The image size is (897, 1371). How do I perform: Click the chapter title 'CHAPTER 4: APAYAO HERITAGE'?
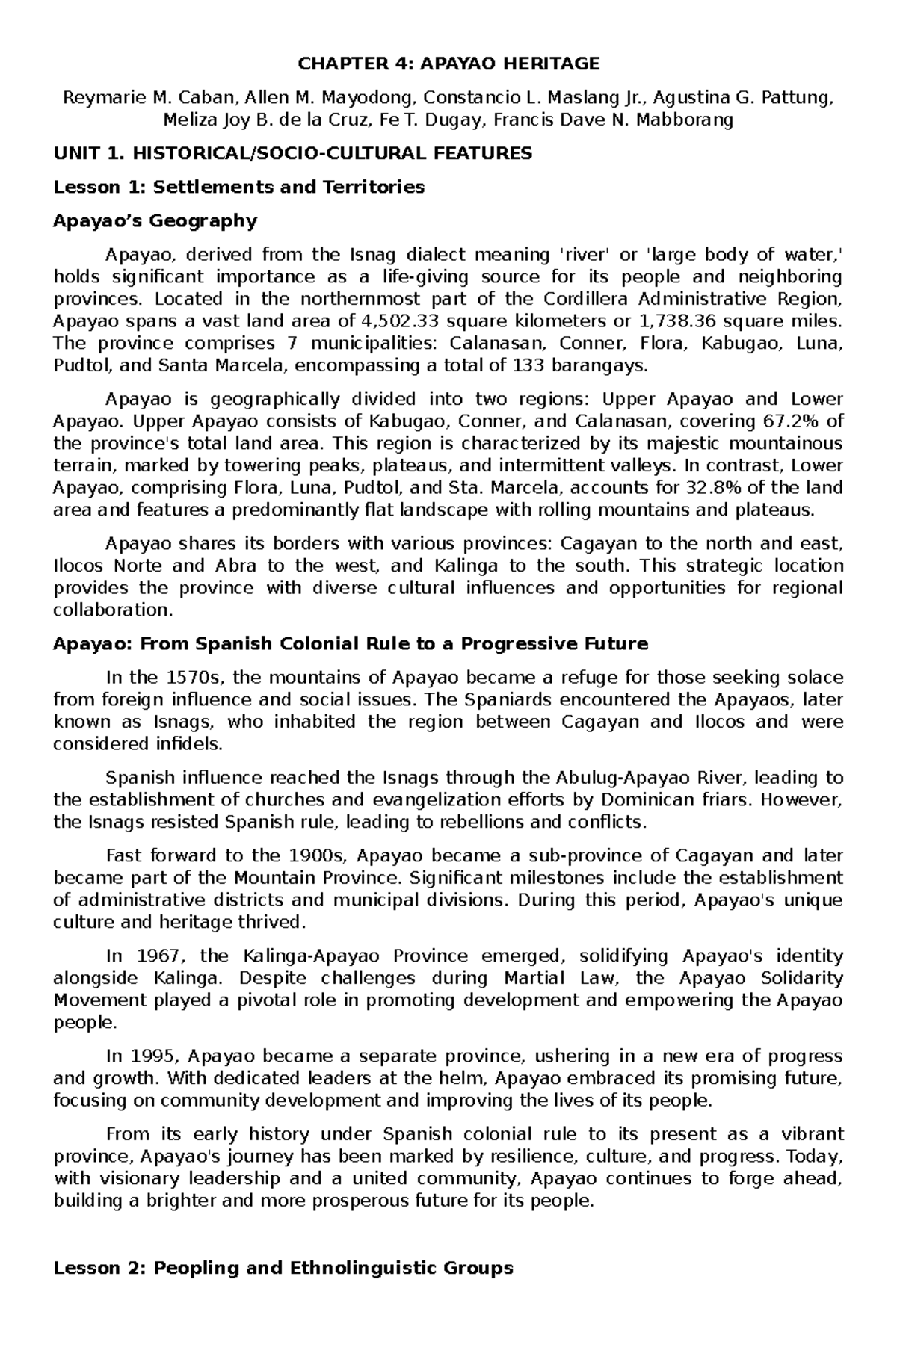(x=449, y=64)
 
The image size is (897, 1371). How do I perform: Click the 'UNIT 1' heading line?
(x=292, y=154)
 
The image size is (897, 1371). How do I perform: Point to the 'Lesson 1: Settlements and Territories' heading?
(x=238, y=187)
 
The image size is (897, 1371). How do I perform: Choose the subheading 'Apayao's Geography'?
(x=155, y=220)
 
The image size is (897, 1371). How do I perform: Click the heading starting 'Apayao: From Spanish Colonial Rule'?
(x=350, y=644)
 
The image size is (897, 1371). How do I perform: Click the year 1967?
(x=153, y=956)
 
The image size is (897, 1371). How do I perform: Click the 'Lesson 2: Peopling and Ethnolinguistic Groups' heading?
(x=283, y=1268)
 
